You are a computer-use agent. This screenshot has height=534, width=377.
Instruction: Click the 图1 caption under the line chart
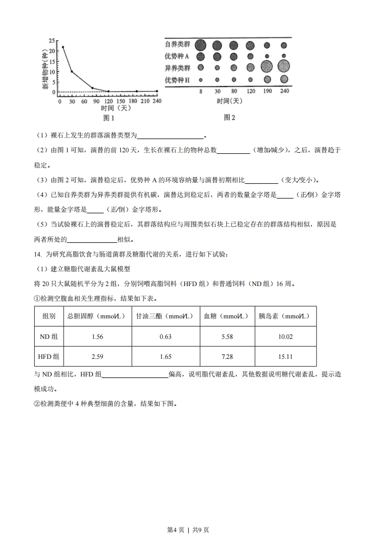[109, 118]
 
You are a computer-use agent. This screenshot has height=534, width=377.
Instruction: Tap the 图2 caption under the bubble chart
[229, 118]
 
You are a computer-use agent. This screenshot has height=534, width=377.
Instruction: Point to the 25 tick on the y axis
[51, 40]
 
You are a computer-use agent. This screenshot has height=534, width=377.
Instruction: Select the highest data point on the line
[63, 47]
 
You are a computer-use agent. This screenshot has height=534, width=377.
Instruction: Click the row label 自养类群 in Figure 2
[177, 45]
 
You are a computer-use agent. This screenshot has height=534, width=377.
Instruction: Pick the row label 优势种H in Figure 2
[177, 79]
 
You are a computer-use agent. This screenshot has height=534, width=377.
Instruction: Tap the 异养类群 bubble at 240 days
[284, 67]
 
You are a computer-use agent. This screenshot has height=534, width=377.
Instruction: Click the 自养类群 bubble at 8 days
[201, 45]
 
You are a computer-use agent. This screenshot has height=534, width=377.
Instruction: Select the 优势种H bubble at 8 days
[201, 80]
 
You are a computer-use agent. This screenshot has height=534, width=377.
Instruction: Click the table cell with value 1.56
[97, 336]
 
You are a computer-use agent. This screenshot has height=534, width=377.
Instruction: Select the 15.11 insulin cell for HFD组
[285, 356]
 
